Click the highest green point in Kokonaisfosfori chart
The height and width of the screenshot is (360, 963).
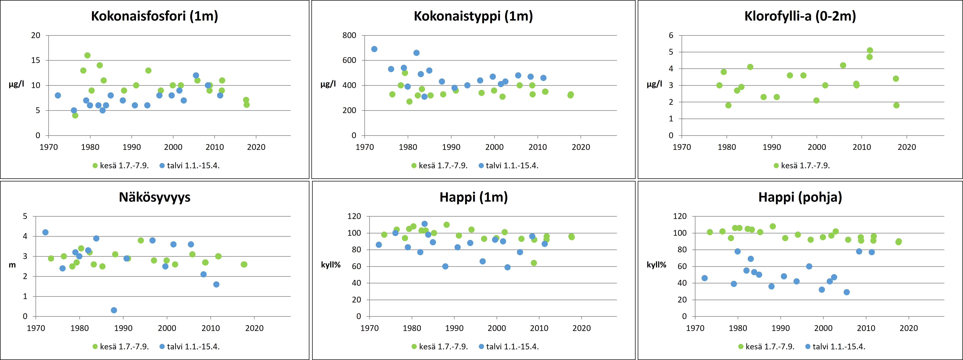[x=87, y=55]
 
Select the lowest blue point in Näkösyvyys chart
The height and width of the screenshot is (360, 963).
[x=114, y=310]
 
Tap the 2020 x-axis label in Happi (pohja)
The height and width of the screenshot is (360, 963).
[x=908, y=328]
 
